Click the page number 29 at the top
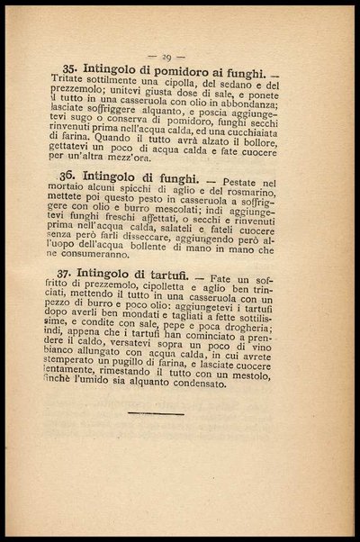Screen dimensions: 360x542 [x=179, y=56]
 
